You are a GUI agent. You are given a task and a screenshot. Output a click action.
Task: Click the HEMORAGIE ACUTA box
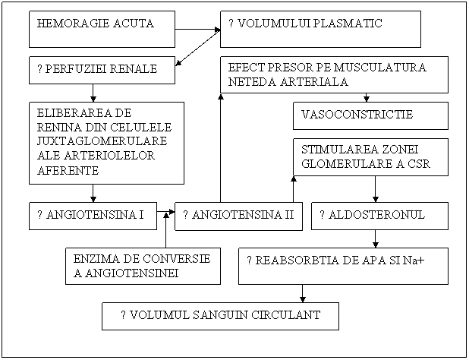[x=102, y=29]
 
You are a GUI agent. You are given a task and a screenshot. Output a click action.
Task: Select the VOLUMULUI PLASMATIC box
[x=320, y=29]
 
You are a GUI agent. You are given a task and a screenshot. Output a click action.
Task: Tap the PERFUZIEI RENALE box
[x=102, y=70]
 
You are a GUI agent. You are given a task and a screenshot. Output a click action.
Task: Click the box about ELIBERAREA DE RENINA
[x=106, y=143]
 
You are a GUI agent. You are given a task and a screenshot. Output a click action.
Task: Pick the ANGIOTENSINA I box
[x=92, y=216]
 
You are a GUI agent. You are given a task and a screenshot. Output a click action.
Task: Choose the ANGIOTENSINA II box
[x=238, y=216]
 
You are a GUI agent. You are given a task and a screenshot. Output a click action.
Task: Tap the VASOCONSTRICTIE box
[x=370, y=115]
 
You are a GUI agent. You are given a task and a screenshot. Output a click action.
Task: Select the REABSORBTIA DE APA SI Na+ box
[x=343, y=266]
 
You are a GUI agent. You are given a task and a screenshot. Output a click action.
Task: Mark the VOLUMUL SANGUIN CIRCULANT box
[x=220, y=316]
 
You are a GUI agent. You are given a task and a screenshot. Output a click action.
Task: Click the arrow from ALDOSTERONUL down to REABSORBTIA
[x=375, y=238]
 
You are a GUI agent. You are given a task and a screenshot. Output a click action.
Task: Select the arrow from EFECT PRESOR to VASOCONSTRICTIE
[x=367, y=97]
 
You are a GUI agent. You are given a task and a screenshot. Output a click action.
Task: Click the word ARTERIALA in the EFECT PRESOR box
[x=317, y=81]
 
